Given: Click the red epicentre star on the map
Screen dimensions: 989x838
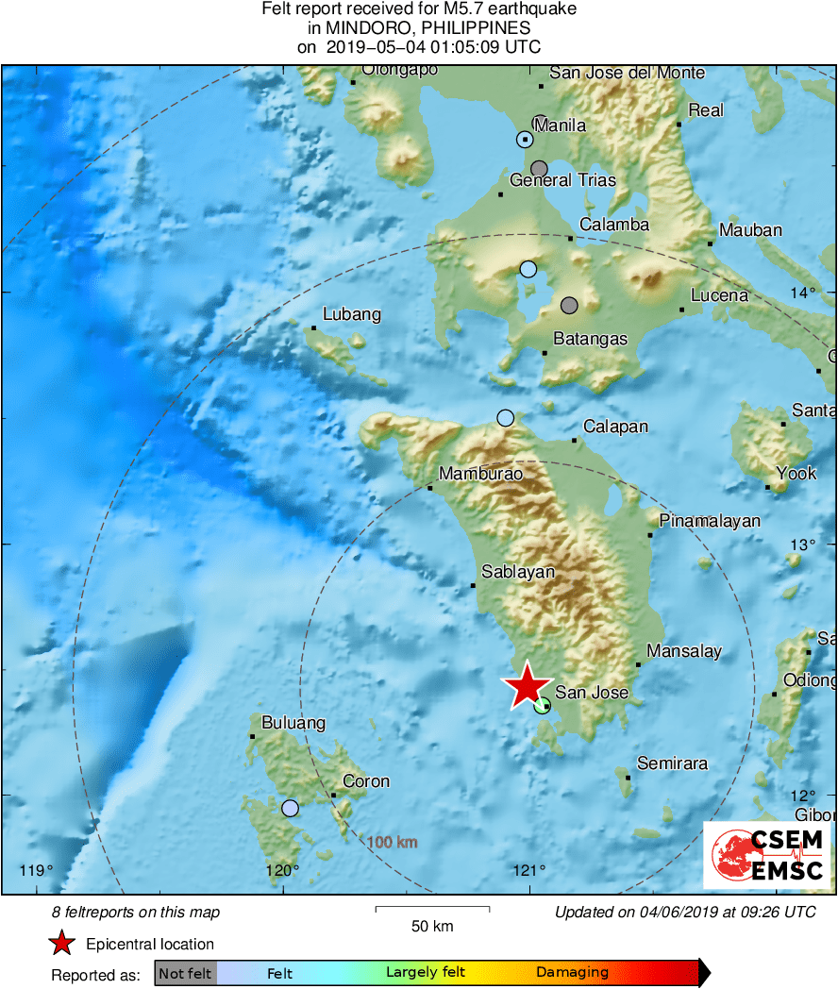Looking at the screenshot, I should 527,686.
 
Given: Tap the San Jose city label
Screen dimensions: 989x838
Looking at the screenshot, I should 591,693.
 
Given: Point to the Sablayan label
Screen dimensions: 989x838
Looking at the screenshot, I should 518,572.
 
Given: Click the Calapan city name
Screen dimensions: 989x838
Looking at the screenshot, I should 615,427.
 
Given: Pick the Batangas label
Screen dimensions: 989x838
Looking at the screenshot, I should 590,339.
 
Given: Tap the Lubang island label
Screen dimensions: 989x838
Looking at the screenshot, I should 351,314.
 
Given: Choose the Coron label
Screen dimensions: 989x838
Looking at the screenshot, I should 365,781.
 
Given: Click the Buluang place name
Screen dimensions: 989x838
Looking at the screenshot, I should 293,723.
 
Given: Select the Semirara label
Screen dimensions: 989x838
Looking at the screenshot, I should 672,763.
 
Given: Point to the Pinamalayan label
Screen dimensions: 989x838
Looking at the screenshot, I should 709,521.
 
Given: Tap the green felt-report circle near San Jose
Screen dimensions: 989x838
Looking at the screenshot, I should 542,705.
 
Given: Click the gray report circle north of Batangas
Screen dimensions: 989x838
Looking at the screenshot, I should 569,305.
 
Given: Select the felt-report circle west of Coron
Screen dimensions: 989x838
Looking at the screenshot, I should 290,808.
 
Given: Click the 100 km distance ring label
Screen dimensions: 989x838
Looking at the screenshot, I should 392,842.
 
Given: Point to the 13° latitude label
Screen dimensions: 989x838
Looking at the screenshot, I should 803,544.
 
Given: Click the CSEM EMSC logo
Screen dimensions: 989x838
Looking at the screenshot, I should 766,855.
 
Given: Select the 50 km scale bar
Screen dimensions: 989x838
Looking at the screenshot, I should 432,910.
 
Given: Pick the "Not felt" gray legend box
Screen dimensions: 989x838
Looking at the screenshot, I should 185,973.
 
